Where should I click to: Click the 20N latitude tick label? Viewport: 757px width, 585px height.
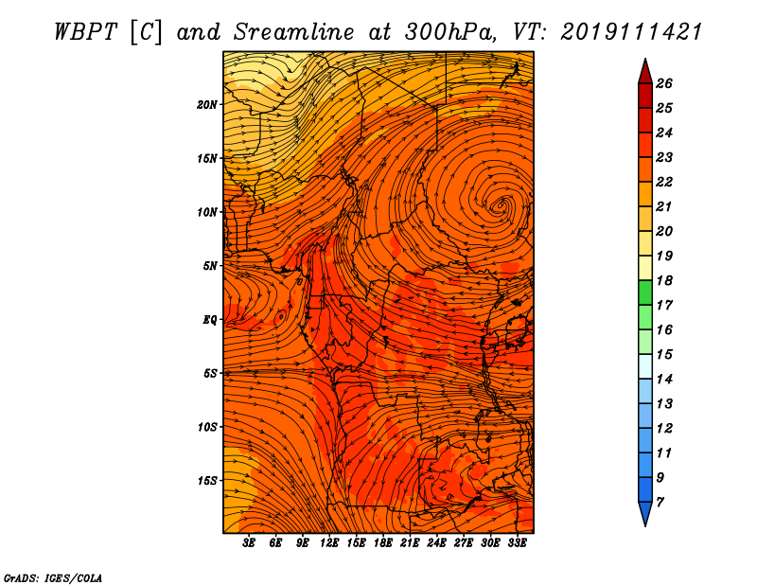[207, 105]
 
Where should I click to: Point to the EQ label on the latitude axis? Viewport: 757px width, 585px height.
[210, 320]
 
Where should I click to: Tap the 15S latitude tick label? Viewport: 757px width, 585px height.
[207, 481]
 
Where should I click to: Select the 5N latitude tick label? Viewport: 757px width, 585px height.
[210, 266]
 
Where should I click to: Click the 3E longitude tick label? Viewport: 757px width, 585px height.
[249, 543]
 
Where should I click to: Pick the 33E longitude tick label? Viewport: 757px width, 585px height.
[517, 543]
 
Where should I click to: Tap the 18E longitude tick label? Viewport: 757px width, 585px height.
[383, 543]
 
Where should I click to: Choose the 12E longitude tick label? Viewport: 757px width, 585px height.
[329, 543]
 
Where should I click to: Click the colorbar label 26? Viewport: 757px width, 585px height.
[664, 83]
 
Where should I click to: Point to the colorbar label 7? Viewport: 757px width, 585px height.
[660, 503]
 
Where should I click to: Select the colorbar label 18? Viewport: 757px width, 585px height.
[664, 280]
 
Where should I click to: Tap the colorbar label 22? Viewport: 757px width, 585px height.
[664, 182]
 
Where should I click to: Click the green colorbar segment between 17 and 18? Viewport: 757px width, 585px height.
[645, 292]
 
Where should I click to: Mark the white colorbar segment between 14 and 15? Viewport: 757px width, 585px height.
[645, 366]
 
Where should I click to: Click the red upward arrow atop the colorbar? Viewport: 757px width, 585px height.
[645, 72]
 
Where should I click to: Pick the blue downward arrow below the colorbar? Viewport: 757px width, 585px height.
[645, 514]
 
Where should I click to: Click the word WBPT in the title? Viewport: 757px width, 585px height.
[86, 32]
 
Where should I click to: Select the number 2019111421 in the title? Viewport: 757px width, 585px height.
[630, 32]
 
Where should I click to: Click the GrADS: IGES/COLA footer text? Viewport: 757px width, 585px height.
[53, 578]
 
